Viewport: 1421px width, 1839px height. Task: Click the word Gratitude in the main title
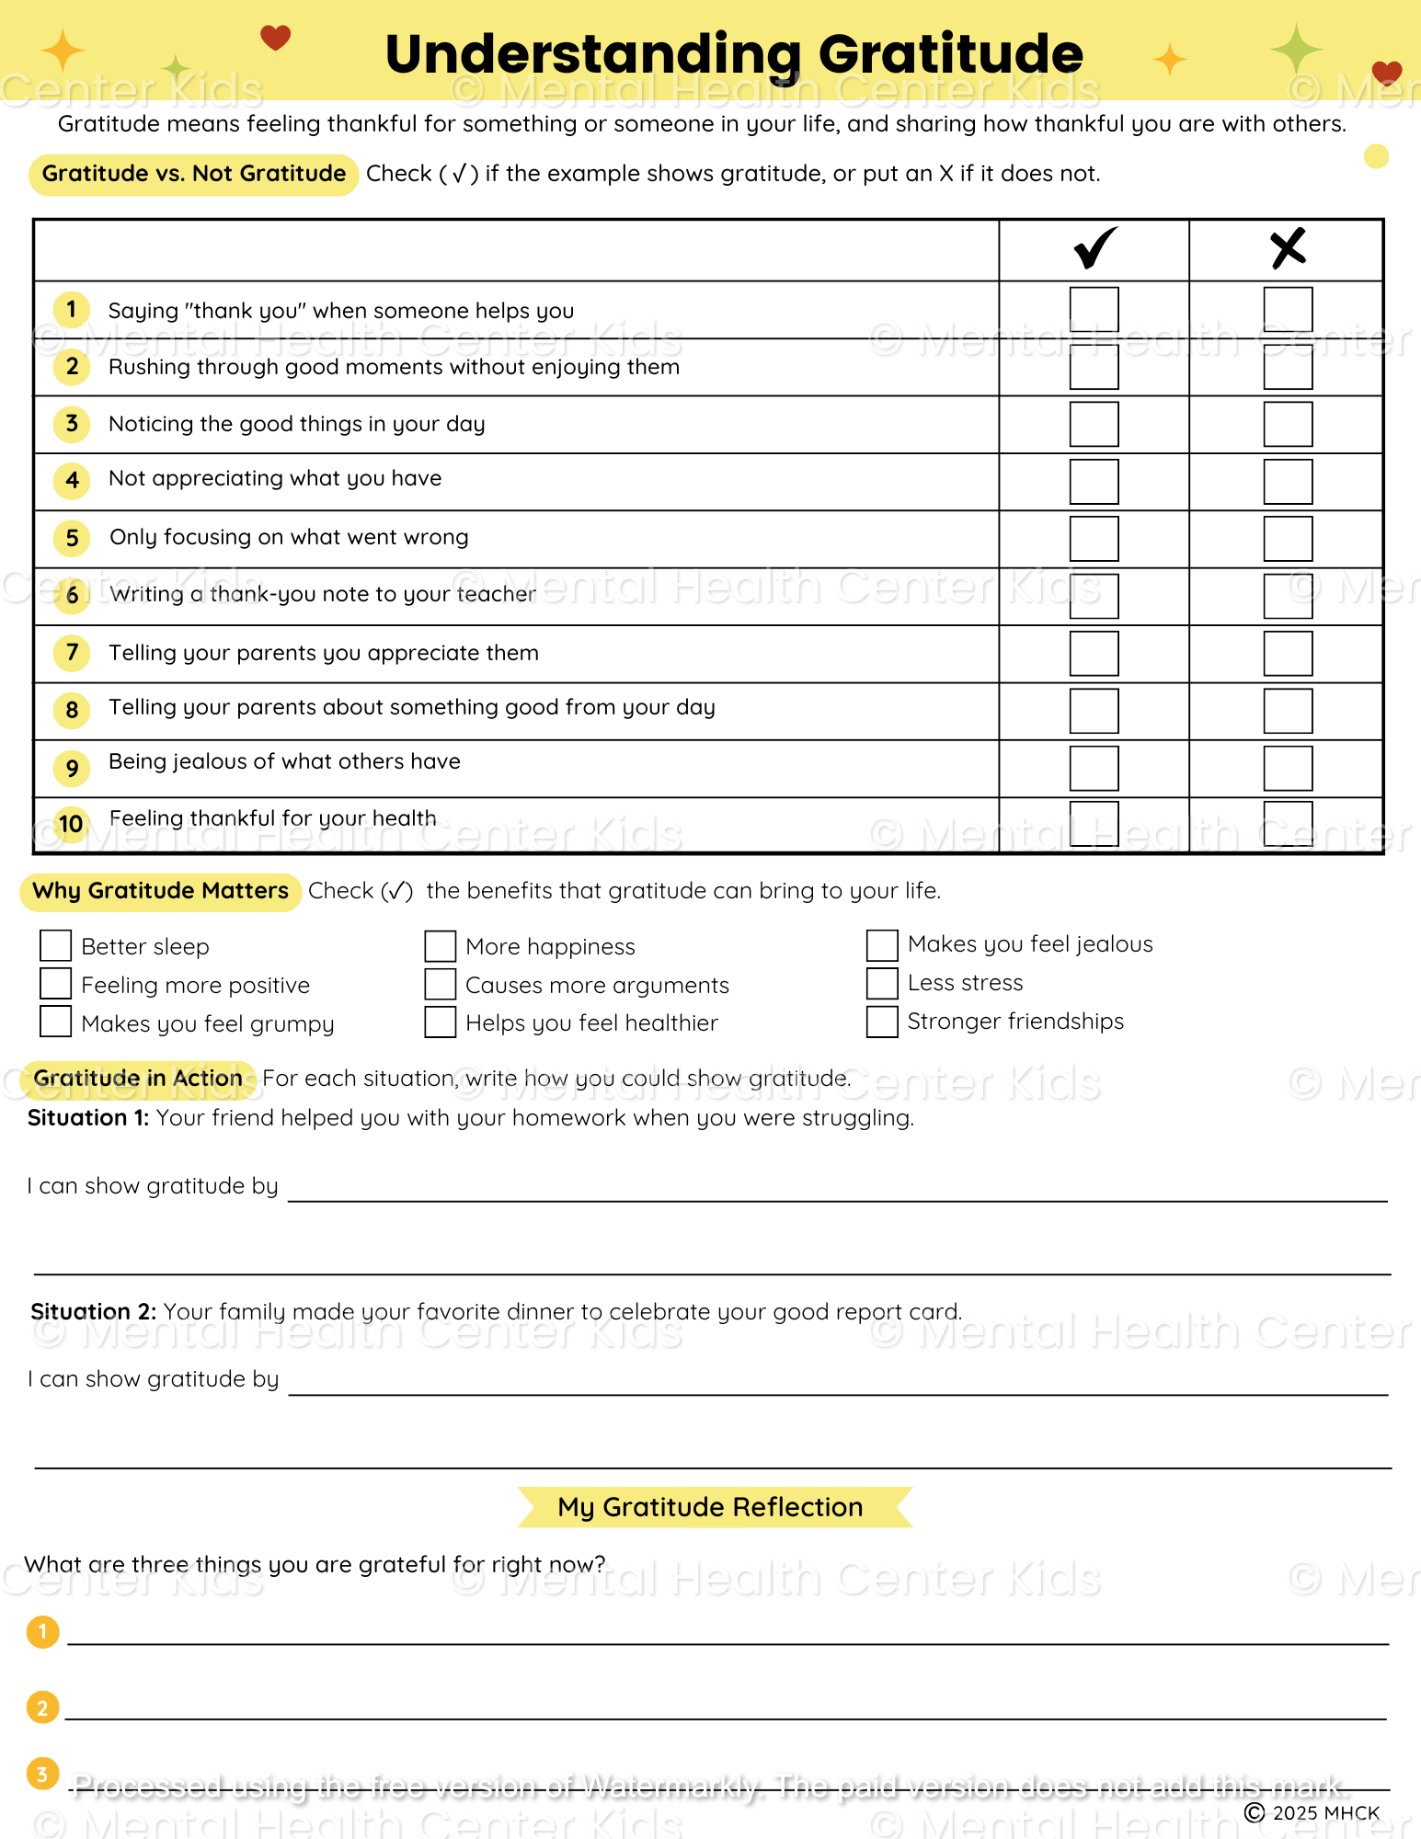[x=950, y=54]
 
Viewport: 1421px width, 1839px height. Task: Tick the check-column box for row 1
[x=1094, y=310]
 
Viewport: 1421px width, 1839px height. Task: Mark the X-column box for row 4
[x=1287, y=481]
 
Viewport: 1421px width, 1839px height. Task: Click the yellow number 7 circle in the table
[x=72, y=653]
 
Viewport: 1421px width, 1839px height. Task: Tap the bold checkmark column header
[x=1094, y=247]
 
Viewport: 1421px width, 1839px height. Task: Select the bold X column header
[x=1288, y=247]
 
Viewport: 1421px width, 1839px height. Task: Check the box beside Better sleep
[x=56, y=945]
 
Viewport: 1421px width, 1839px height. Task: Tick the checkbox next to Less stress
[x=882, y=983]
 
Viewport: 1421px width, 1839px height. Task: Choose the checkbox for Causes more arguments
[x=441, y=984]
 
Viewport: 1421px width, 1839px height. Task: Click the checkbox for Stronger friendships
[x=882, y=1022]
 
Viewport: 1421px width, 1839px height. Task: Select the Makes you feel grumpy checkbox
[x=56, y=1022]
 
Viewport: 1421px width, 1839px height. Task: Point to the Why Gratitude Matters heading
[x=161, y=891]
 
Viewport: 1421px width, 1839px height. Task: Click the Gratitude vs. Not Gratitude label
[x=194, y=174]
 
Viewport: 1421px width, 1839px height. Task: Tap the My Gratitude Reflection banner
[x=711, y=1507]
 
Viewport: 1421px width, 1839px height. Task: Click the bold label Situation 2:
[x=93, y=1311]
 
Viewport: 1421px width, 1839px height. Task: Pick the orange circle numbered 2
[x=42, y=1708]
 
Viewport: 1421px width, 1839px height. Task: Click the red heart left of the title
[x=275, y=38]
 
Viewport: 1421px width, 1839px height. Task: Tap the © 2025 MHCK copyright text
[x=1312, y=1812]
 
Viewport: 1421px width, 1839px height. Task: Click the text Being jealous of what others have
[x=284, y=761]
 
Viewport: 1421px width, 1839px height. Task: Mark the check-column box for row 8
[x=1094, y=710]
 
